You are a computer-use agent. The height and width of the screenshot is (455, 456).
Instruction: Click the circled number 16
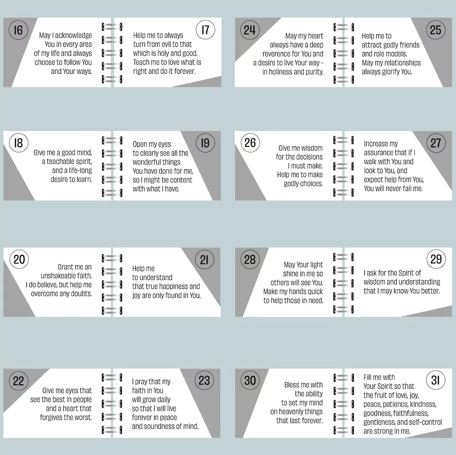[x=18, y=30]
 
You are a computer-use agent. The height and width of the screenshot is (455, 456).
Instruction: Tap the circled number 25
[x=435, y=30]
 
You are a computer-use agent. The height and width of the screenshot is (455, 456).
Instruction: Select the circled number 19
[x=205, y=143]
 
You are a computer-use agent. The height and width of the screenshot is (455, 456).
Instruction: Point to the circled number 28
[x=250, y=259]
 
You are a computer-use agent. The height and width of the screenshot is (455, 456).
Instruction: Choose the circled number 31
[x=435, y=380]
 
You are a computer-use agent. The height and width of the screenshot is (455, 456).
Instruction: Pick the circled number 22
[x=18, y=381]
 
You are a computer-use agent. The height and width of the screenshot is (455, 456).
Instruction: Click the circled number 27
[x=436, y=143]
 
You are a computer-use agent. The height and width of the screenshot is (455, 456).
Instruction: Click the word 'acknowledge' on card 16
[x=73, y=36]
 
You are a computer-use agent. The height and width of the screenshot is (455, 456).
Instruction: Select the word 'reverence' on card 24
[x=277, y=54]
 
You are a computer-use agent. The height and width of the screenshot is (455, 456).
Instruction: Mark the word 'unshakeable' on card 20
[x=58, y=276]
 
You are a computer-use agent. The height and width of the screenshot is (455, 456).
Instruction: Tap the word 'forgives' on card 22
[x=52, y=418]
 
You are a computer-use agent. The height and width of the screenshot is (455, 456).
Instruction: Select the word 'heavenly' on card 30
[x=292, y=412]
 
